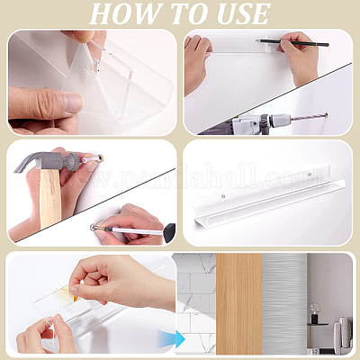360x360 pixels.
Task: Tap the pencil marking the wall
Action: [x=292, y=42]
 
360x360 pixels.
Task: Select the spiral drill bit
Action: [x=309, y=116]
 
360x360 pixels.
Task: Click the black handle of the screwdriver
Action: [x=170, y=232]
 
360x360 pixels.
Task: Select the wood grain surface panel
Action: [x=238, y=304]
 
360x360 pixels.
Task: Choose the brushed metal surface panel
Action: [x=284, y=304]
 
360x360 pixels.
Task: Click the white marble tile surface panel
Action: [x=195, y=304]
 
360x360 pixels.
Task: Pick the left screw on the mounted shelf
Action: [x=223, y=196]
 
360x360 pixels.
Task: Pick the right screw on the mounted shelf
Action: [x=310, y=174]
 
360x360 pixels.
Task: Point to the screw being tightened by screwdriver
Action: [x=94, y=227]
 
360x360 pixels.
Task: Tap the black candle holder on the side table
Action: [x=314, y=317]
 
